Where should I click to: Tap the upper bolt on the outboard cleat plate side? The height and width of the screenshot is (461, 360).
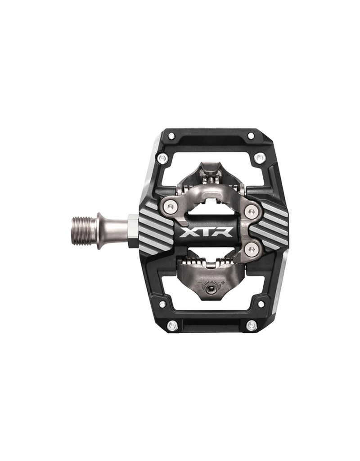click(249, 210)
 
